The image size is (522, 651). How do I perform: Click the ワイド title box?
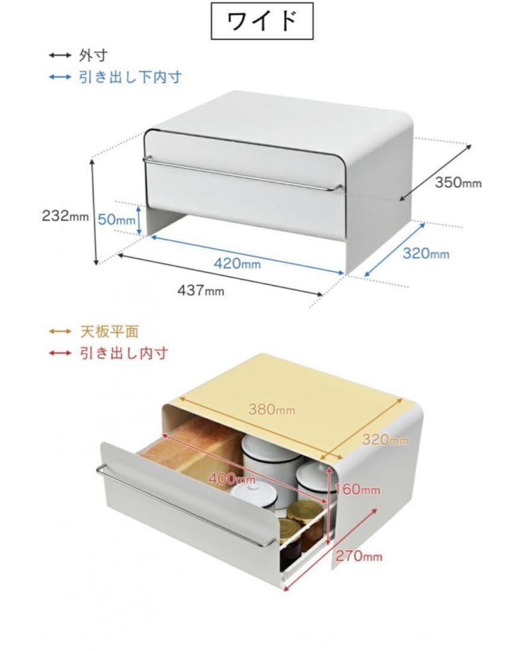[x=262, y=20]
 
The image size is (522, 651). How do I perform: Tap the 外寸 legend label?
[x=93, y=55]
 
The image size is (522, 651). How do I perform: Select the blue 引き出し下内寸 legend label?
[x=130, y=77]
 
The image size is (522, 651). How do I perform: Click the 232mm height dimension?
[x=65, y=216]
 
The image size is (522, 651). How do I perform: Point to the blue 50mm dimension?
[x=117, y=219]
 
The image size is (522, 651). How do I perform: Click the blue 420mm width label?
[x=237, y=263]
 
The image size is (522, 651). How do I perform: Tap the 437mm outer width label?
[x=201, y=290]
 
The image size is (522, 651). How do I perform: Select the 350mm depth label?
[x=458, y=182]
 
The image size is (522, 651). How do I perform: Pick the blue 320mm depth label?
[x=426, y=253]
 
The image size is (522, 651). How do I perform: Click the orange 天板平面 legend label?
[x=109, y=332]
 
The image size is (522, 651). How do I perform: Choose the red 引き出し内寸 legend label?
[x=124, y=353]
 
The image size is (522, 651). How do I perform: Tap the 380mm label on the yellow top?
[x=272, y=410]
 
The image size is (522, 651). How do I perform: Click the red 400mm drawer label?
[x=231, y=479]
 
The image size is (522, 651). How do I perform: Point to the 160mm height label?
[x=357, y=489]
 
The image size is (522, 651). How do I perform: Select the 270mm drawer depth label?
[x=359, y=556]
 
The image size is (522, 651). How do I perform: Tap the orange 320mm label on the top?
[x=385, y=439]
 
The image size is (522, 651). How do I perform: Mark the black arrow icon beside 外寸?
[x=60, y=55]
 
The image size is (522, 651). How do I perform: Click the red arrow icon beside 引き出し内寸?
[x=60, y=353]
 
